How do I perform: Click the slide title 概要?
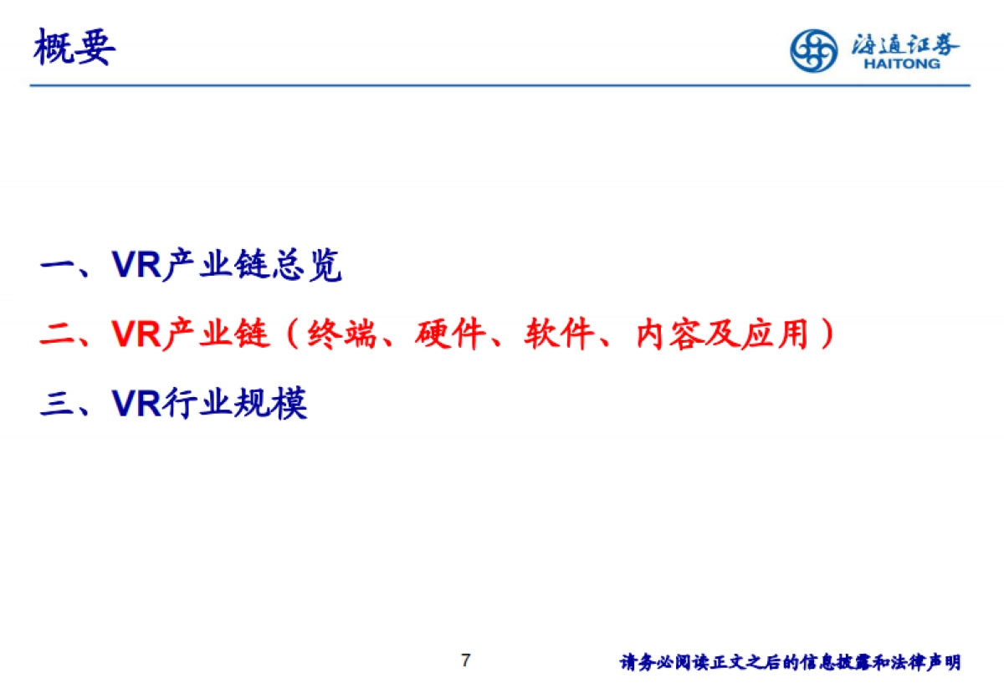(74, 48)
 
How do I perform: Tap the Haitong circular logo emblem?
(813, 50)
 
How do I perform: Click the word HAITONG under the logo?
(902, 64)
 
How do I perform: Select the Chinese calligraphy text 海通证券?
(905, 43)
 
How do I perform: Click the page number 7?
(466, 660)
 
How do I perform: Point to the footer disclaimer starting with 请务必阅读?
(790, 663)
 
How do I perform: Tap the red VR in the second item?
(136, 334)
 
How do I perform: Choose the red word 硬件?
(451, 334)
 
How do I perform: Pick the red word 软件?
(560, 334)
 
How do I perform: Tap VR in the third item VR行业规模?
(136, 404)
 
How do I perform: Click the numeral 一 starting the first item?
(58, 267)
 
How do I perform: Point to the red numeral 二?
(58, 335)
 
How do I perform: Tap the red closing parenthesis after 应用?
(827, 335)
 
